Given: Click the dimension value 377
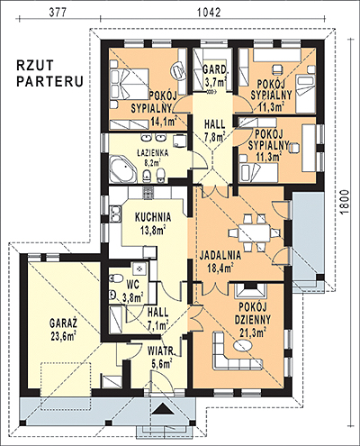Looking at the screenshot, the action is pyautogui.click(x=57, y=12).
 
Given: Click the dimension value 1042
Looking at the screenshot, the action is pyautogui.click(x=209, y=12).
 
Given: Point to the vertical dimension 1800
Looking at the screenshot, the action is pyautogui.click(x=346, y=202).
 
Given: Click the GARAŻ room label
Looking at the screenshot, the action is pyautogui.click(x=63, y=323).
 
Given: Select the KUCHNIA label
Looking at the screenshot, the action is pyautogui.click(x=153, y=217).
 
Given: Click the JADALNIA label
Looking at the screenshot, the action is pyautogui.click(x=220, y=255).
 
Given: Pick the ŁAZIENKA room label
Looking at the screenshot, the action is pyautogui.click(x=153, y=153).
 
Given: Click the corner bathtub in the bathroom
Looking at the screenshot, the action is pyautogui.click(x=123, y=168).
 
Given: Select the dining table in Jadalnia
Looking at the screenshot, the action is pyautogui.click(x=255, y=232).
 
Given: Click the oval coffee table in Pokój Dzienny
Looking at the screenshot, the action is pyautogui.click(x=243, y=345).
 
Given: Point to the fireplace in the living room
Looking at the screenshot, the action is pyautogui.click(x=251, y=291).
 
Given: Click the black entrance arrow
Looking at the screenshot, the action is pyautogui.click(x=163, y=408).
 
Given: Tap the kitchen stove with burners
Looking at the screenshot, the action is pyautogui.click(x=148, y=192).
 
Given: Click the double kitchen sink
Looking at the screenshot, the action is pyautogui.click(x=115, y=214).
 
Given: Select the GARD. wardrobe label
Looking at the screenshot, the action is pyautogui.click(x=214, y=70).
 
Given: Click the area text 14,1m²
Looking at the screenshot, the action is pyautogui.click(x=163, y=122).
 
